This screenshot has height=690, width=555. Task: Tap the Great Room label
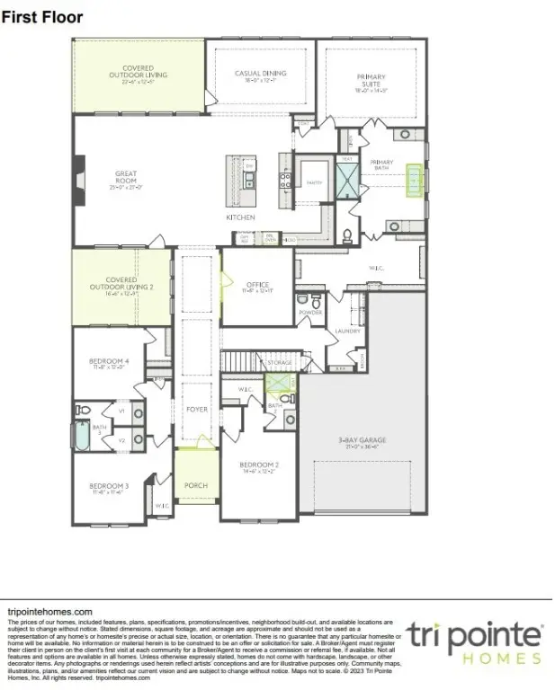point(125,177)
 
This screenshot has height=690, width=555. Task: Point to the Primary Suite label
point(370,82)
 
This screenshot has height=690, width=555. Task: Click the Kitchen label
point(240,218)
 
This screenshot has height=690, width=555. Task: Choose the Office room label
point(257,287)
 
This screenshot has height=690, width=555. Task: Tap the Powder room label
point(310,313)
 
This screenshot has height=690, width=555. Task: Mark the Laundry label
point(347,331)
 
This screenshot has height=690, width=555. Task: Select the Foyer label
point(196,410)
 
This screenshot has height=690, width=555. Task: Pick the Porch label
point(195,485)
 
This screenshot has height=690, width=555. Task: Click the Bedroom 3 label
point(109,488)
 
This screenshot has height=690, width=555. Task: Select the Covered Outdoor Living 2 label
point(121,285)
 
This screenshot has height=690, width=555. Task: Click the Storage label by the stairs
point(280,363)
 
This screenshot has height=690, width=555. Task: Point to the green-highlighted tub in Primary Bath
point(415,181)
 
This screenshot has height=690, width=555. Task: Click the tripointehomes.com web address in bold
point(49,611)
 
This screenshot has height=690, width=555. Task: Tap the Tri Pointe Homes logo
point(473,642)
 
